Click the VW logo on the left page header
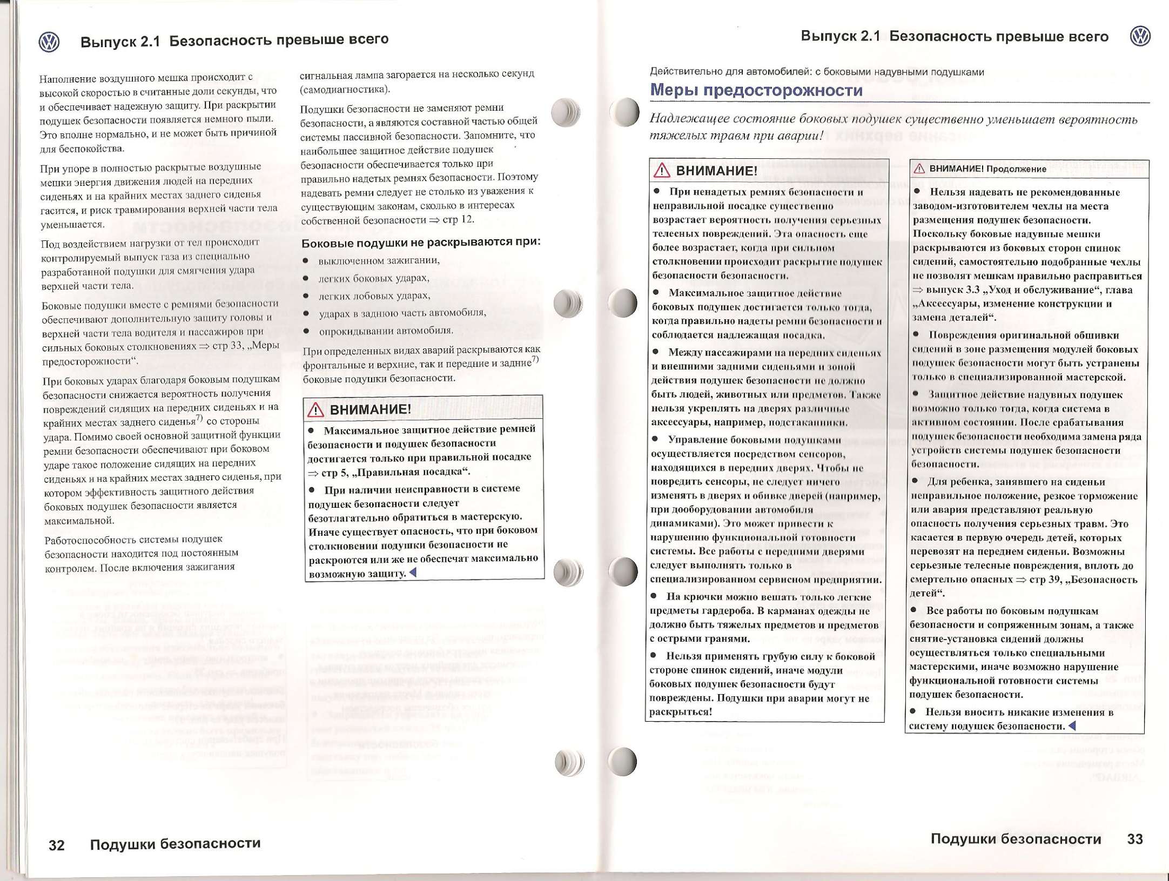[49, 42]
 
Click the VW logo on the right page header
[1140, 36]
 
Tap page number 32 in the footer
[57, 845]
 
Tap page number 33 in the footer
[1135, 839]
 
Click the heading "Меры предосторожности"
[756, 90]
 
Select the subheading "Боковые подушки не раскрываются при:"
[421, 242]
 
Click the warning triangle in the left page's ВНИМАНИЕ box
[315, 410]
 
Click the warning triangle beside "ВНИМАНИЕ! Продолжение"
[919, 169]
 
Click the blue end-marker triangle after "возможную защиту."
[413, 573]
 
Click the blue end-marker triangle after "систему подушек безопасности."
[1072, 725]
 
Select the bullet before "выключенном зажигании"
[306, 261]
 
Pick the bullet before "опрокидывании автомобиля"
[306, 331]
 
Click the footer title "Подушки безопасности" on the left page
[175, 844]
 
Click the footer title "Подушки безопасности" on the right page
[1016, 839]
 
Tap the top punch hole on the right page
[625, 112]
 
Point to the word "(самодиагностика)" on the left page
[345, 89]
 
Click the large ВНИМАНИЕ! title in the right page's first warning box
[716, 171]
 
